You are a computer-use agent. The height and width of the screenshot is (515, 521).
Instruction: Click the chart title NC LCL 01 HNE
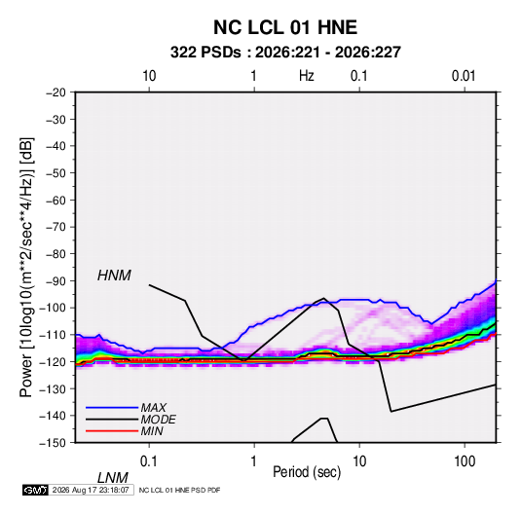coord(285,27)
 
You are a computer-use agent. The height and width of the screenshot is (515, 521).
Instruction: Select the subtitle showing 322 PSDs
coord(285,53)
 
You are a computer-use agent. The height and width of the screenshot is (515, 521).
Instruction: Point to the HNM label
coord(114,276)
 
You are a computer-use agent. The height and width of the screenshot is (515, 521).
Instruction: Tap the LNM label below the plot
coord(112,478)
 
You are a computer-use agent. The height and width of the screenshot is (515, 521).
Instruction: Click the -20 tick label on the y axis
coord(56,92)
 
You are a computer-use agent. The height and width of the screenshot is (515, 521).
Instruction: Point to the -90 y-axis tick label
coord(56,281)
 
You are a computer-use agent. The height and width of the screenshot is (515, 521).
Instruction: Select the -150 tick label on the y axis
coord(53,443)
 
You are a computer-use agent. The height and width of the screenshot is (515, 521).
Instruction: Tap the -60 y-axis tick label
coord(56,201)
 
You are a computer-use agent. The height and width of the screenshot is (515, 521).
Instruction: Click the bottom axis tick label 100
coord(465,461)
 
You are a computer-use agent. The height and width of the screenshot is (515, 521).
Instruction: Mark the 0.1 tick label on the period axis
coord(149,461)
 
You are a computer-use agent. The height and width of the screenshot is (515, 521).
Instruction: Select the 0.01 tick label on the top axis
coord(464,76)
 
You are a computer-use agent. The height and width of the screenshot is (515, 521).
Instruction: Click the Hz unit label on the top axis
coord(307,76)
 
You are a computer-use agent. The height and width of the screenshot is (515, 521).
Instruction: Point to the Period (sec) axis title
coord(307,472)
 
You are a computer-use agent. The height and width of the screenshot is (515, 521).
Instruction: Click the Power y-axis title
coord(26,268)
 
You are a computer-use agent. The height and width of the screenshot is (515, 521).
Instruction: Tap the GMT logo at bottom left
coord(35,490)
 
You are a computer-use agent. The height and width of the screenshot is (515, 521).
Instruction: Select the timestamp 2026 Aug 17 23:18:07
coord(91,490)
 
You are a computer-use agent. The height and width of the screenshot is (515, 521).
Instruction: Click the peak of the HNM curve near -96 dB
coord(323,298)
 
